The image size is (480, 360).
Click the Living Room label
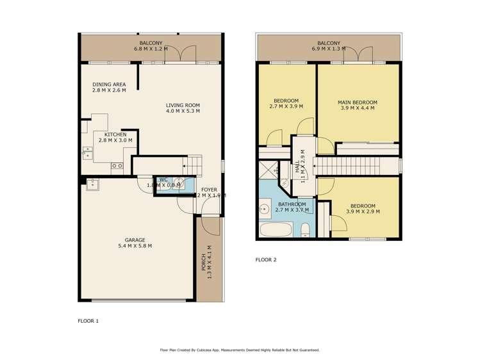coord(183,108)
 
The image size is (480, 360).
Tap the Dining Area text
coord(108,87)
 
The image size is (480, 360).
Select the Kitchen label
coord(115,137)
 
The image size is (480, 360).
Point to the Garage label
coord(135,242)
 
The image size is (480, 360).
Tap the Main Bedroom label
coord(358,105)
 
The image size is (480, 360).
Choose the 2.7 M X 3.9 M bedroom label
coord(286,103)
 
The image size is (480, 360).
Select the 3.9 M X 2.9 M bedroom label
coord(363,208)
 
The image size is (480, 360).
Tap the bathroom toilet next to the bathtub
coord(306,230)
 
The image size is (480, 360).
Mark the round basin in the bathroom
coord(264,209)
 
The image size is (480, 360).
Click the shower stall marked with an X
coord(267,170)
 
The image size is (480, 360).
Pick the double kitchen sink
coord(87,154)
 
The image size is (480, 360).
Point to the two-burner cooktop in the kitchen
coord(117,166)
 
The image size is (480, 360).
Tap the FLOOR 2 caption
coord(266,259)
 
